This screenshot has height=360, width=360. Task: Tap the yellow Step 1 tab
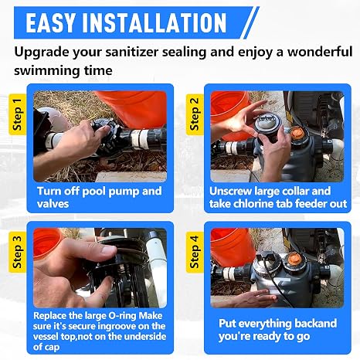tap(17, 114)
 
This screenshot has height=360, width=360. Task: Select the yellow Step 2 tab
tap(195, 114)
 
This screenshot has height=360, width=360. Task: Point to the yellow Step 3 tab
tap(17, 252)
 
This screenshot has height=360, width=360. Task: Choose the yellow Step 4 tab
tap(195, 252)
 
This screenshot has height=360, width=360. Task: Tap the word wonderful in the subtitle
tap(320, 52)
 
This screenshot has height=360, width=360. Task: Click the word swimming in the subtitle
tap(46, 71)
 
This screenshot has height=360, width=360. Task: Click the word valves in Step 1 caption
tap(53, 204)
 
